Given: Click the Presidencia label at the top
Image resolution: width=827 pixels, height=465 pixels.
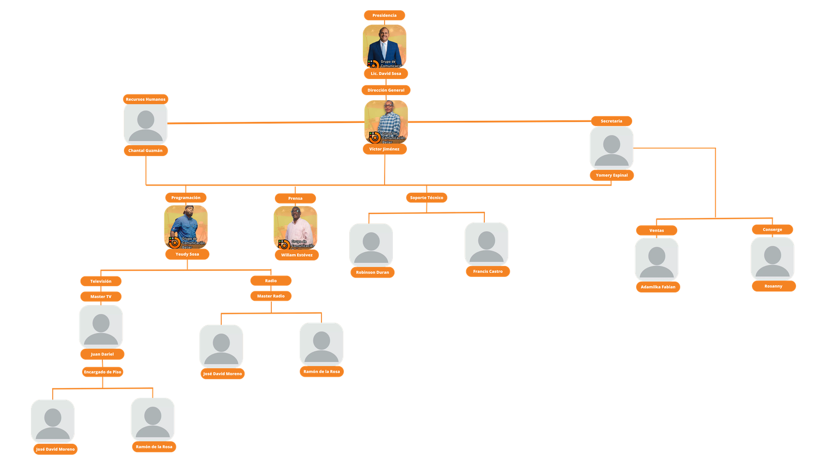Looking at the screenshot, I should coord(385,16).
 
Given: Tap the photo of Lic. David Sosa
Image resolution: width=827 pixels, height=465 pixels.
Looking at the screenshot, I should coord(385,45).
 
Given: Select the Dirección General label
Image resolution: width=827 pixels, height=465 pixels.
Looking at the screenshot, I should coord(386,90).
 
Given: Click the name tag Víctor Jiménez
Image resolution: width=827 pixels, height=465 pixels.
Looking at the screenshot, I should coord(384,149).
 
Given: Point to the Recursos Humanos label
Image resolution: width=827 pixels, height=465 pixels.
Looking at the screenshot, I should coord(145,99).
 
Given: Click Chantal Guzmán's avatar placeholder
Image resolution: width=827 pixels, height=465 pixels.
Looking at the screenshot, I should coord(145,124).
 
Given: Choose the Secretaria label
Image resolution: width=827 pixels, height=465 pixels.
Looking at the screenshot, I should coord(611,121).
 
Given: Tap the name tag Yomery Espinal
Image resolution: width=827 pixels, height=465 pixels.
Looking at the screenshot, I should coord(611,175).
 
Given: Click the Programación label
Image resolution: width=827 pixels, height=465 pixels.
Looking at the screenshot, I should coord(186,197).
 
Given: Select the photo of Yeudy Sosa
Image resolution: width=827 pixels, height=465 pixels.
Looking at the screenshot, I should coord(186,226).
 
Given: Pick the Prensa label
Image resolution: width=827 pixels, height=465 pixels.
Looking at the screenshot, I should coord(295,198).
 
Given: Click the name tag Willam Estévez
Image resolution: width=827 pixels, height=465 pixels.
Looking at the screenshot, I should coord(297,255).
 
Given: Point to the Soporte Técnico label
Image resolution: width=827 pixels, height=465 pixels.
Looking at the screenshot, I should coord(426,197).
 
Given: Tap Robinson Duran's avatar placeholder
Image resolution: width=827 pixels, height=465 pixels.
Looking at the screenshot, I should coord(371,245).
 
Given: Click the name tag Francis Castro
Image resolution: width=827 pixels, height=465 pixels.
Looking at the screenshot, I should coord(487,271).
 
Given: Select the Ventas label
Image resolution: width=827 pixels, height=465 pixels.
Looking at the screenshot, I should coord(656,230).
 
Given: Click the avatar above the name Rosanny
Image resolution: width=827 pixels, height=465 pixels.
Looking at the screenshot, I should coord(772,258).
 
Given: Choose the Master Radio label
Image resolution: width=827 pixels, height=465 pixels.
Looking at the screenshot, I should coord(271,296).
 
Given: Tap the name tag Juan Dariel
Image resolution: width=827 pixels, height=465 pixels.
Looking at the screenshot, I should coord(102,354).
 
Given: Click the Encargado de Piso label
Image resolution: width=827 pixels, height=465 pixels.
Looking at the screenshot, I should coord(102,371).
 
